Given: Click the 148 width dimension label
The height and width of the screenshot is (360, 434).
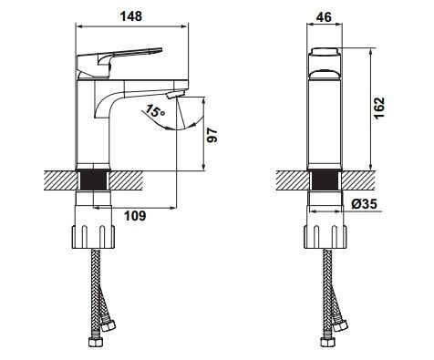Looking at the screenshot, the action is click(131, 16).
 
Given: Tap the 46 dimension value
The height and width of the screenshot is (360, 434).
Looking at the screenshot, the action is click(324, 17).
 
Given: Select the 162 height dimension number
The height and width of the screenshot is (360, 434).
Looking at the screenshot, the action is click(378, 108).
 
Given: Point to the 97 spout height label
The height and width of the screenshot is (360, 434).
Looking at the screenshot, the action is click(212, 136).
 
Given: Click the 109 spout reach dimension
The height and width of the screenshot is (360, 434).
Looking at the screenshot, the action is click(135, 216).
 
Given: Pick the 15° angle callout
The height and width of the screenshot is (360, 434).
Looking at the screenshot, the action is click(155, 111).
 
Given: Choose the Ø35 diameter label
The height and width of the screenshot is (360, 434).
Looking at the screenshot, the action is click(365, 203).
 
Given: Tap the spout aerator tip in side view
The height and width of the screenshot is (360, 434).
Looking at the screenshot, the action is click(176, 94).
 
